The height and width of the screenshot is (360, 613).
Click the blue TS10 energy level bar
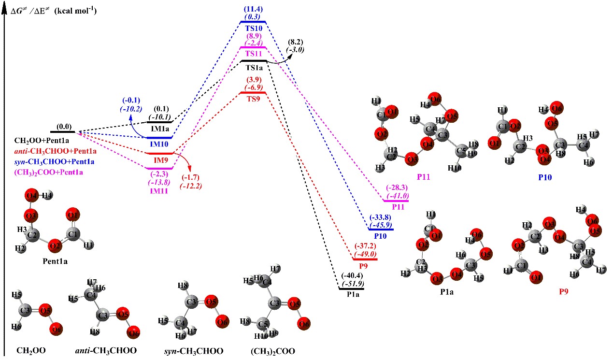[x=253, y=22]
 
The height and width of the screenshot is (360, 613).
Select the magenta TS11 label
[x=253, y=53]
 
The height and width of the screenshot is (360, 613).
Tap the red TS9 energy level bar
[x=253, y=93]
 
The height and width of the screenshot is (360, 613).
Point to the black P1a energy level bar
[x=352, y=289]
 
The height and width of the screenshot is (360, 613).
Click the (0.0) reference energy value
[x=63, y=126]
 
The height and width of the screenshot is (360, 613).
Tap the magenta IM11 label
[x=160, y=191]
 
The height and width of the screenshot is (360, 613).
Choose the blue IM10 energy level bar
[x=160, y=138]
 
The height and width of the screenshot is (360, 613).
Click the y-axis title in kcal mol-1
[x=54, y=10]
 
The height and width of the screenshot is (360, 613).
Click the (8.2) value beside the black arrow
[x=295, y=43]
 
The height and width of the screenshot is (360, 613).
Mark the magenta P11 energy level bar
[x=396, y=201]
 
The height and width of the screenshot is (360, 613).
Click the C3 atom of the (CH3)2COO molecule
[x=275, y=304]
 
